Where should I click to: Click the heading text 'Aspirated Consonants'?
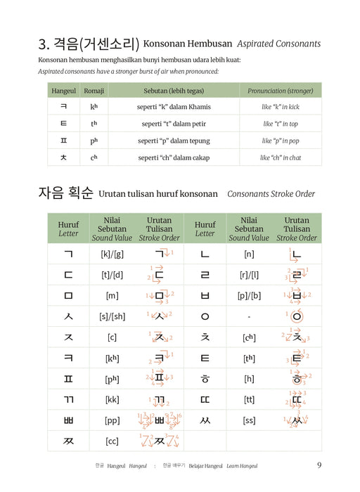point(278,44)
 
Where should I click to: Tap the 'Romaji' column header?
point(94,91)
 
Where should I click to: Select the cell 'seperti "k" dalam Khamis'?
point(174,107)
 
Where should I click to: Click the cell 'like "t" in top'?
point(281,124)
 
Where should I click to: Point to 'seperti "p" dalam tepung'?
point(174,141)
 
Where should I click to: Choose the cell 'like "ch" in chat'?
point(281,157)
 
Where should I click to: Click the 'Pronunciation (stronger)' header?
point(281,91)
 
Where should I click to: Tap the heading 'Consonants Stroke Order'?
point(271,193)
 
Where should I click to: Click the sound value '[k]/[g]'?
point(112,254)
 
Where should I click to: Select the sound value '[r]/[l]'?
point(249,275)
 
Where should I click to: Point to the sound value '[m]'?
point(112,296)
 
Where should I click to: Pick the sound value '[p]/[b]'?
point(249,296)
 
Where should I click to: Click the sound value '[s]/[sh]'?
point(112,316)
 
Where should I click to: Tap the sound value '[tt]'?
point(249,399)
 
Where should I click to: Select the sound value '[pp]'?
point(112,420)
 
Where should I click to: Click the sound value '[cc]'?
point(112,441)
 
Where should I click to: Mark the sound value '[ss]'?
point(249,420)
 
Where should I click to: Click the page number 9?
point(319,465)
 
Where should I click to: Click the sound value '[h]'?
point(249,379)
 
